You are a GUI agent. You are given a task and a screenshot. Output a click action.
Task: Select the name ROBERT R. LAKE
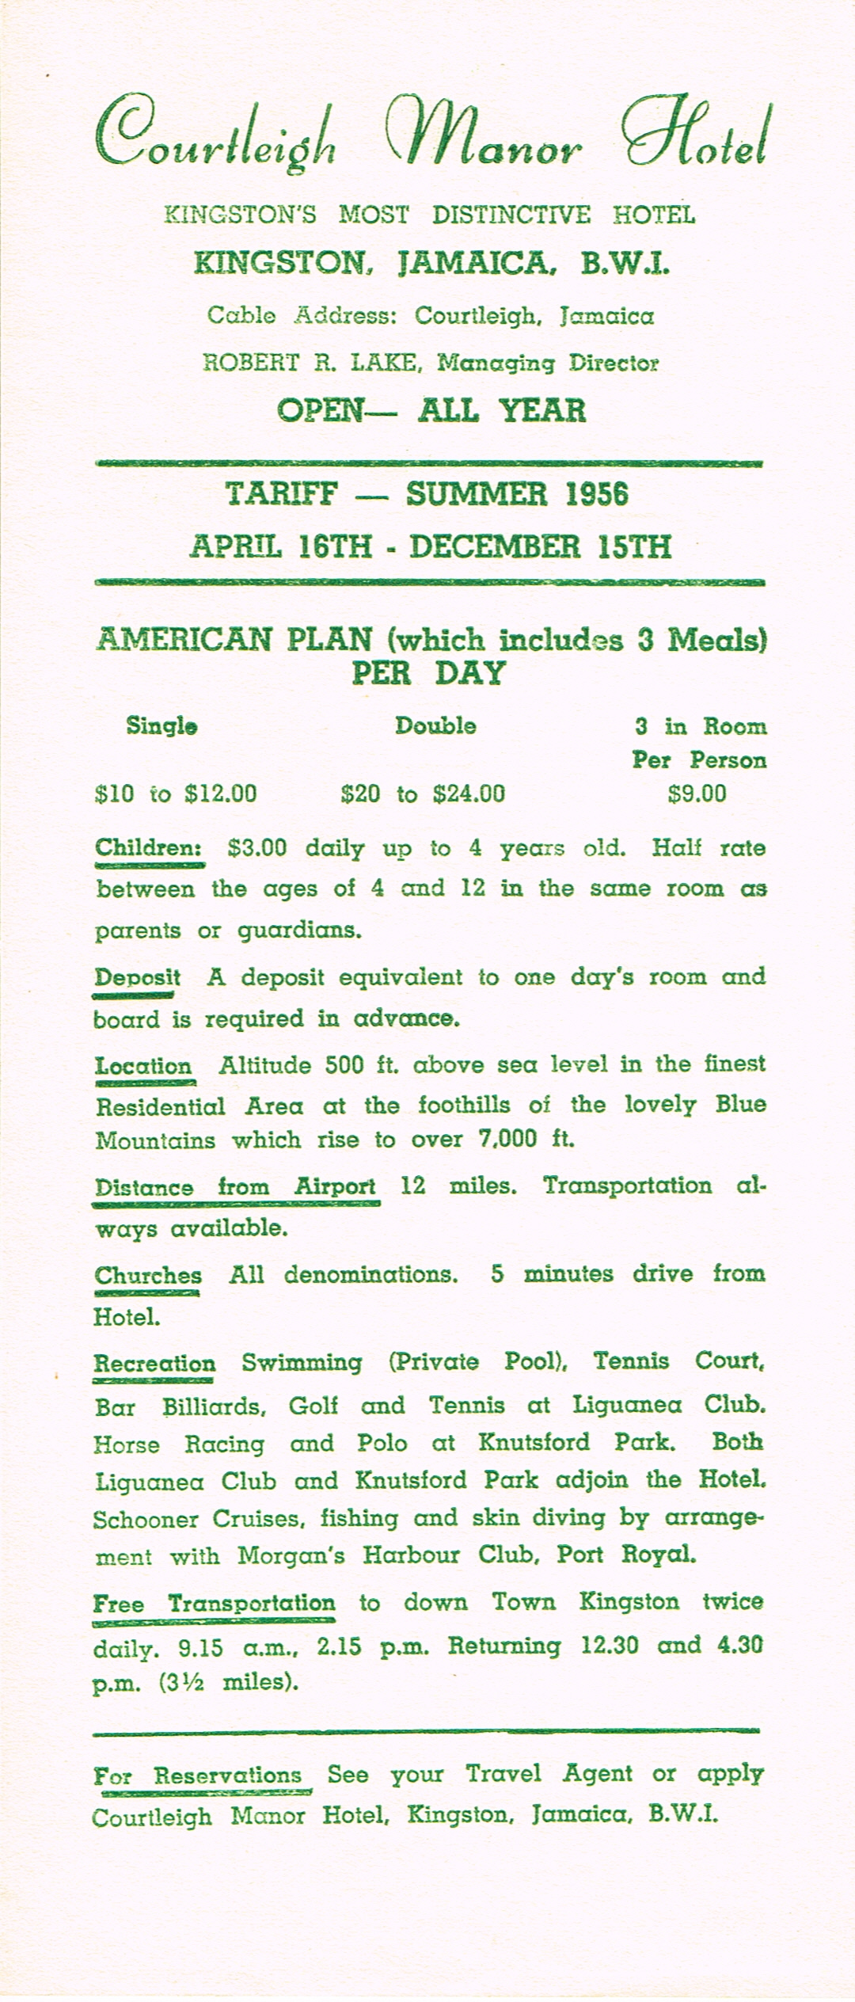pyautogui.click(x=309, y=363)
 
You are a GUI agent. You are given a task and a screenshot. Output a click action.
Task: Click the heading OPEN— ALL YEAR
pyautogui.click(x=431, y=410)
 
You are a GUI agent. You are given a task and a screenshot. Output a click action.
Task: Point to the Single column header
pyautogui.click(x=161, y=725)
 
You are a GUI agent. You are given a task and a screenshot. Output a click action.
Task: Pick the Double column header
pyautogui.click(x=435, y=725)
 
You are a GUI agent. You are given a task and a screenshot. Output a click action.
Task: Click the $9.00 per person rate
pyautogui.click(x=697, y=794)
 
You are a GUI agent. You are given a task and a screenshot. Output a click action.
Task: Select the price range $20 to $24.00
pyautogui.click(x=423, y=794)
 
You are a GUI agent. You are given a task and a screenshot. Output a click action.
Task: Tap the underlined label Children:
pyautogui.click(x=149, y=847)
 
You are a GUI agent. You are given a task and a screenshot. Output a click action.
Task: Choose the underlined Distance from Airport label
pyautogui.click(x=235, y=1186)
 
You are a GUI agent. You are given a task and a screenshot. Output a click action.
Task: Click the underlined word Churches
pyautogui.click(x=147, y=1275)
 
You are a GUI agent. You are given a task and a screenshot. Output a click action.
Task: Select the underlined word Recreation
pyautogui.click(x=154, y=1363)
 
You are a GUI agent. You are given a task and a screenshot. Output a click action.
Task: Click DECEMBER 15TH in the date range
pyautogui.click(x=541, y=547)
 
